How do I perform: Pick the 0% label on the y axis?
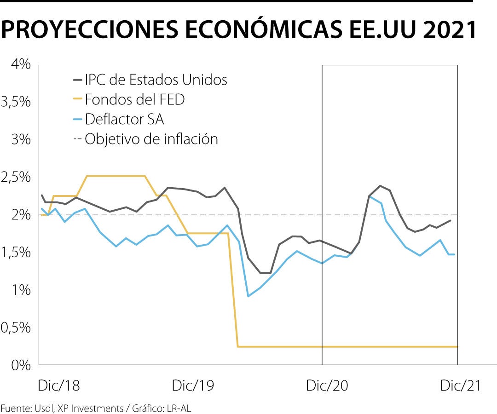pos(22,365)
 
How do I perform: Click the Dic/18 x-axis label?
pos(59,385)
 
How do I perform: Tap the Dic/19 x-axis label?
pos(193,385)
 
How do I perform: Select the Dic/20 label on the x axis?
pos(327,385)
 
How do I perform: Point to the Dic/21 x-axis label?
pos(460,385)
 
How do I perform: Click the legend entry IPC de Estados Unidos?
pos(156,80)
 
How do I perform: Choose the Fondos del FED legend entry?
pos(134,99)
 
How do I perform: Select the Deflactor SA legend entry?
pos(124,119)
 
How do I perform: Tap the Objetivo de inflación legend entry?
pos(151,139)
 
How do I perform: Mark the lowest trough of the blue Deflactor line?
pos(248,296)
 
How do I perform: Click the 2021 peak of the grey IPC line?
pos(380,186)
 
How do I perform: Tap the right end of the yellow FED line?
pos(457,346)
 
